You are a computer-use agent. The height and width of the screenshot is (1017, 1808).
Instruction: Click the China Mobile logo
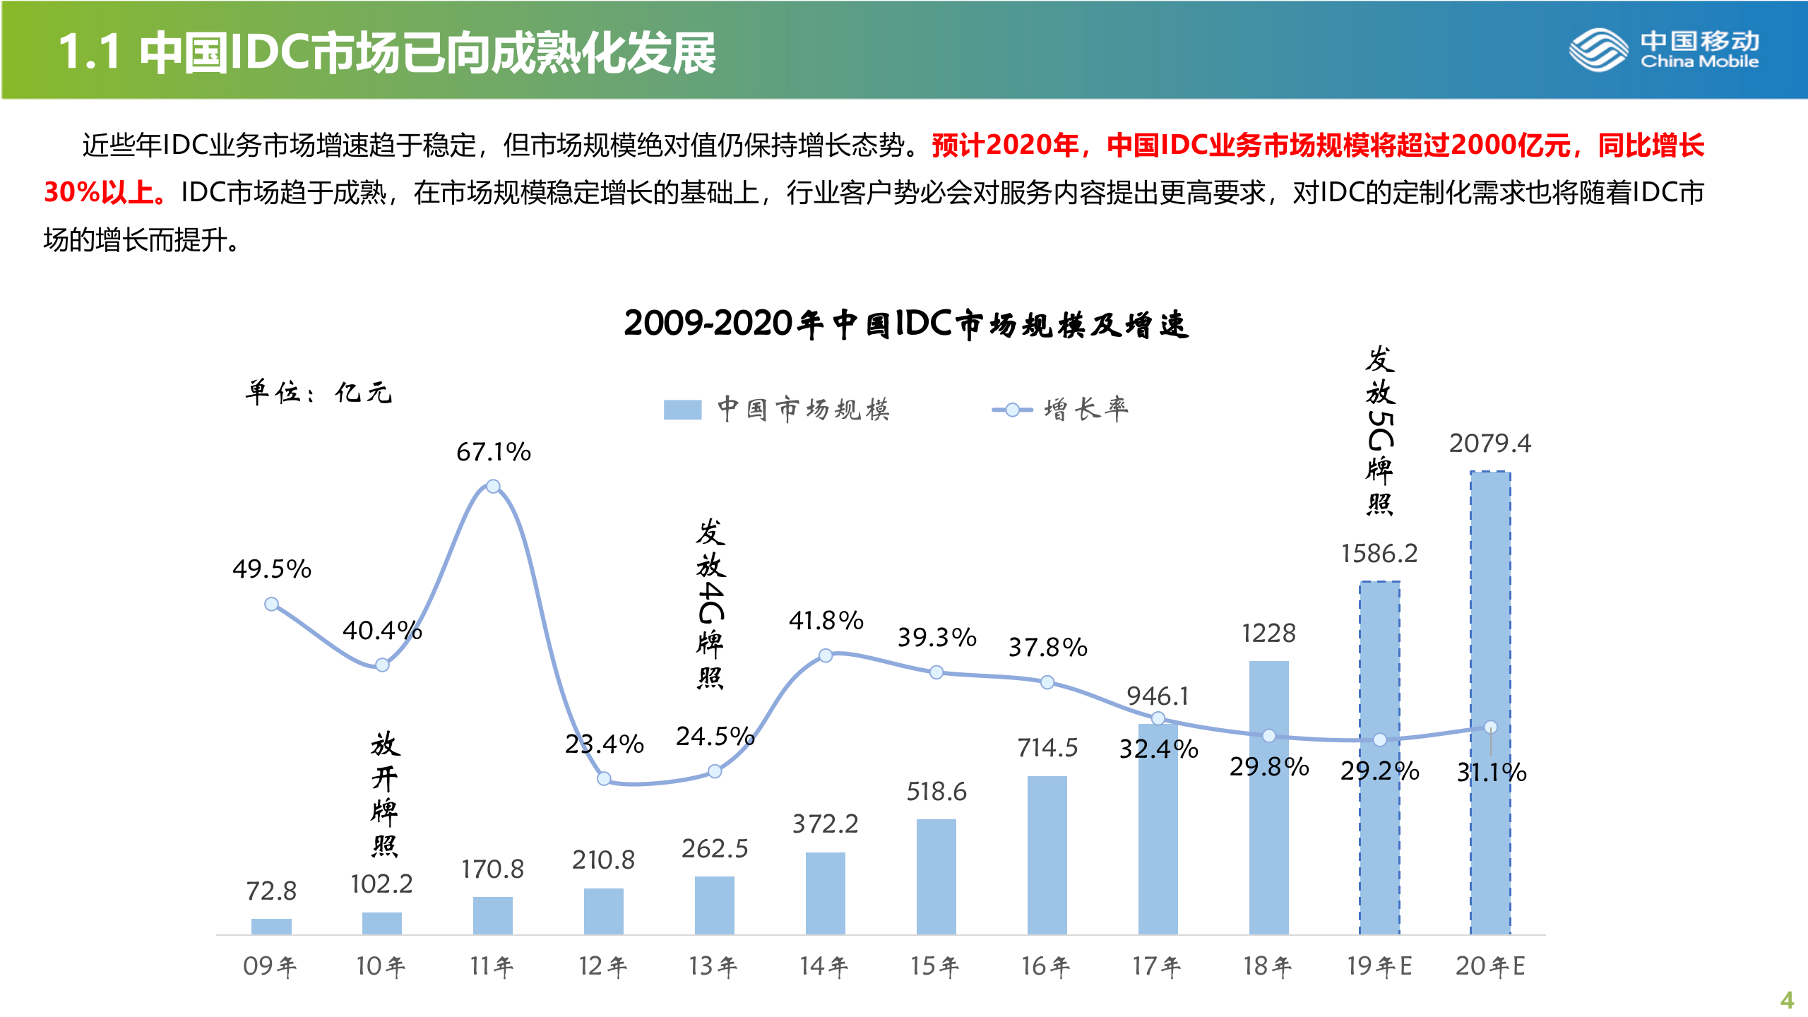pos(1664,49)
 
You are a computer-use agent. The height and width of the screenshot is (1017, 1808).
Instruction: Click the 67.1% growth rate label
pos(493,452)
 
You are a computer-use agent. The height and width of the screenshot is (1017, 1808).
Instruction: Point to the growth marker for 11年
pos(493,486)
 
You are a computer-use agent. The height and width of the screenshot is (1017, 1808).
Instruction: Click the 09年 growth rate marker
pos(271,604)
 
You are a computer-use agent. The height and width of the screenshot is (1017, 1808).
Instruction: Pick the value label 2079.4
pos(1489,444)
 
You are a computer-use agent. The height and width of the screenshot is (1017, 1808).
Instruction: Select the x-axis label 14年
pos(823,965)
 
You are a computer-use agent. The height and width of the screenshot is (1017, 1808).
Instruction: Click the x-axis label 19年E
pos(1379,965)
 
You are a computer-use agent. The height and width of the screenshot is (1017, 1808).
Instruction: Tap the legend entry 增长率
pos(1059,410)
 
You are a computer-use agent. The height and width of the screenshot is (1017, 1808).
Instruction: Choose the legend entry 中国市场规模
pos(777,410)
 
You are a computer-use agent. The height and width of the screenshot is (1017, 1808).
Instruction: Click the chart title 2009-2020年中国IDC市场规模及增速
pos(906,323)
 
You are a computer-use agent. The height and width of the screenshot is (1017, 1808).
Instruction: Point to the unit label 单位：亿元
pos(318,392)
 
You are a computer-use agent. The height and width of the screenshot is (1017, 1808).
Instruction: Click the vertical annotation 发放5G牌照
pos(1379,431)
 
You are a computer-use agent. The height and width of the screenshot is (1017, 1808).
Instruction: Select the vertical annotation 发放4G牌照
pos(710,604)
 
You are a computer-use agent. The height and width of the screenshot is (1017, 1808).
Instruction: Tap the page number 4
pos(1787,999)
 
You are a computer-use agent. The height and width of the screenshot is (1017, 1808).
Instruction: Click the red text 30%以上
pos(105,192)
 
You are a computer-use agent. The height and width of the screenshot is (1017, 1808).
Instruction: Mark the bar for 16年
pos(1047,855)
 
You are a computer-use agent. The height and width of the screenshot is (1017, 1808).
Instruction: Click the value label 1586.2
pos(1379,554)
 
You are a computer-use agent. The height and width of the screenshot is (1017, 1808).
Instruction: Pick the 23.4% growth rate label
pos(604,744)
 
